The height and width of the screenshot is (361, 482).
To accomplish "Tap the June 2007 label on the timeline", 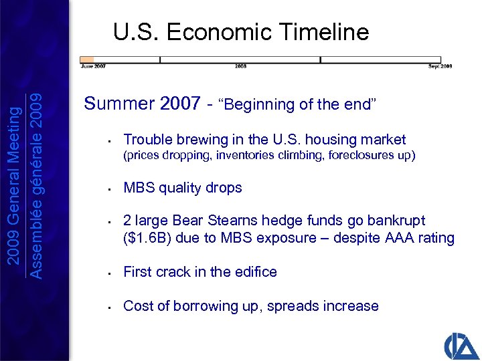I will pyautogui.click(x=92, y=66).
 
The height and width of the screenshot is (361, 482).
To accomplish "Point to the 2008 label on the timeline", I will pyautogui.click(x=240, y=66).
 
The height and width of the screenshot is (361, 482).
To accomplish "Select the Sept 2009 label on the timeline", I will pyautogui.click(x=440, y=66).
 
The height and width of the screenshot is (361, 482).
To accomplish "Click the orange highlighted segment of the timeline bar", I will pyautogui.click(x=87, y=59).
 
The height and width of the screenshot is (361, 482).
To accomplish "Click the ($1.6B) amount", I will pyautogui.click(x=148, y=238).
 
